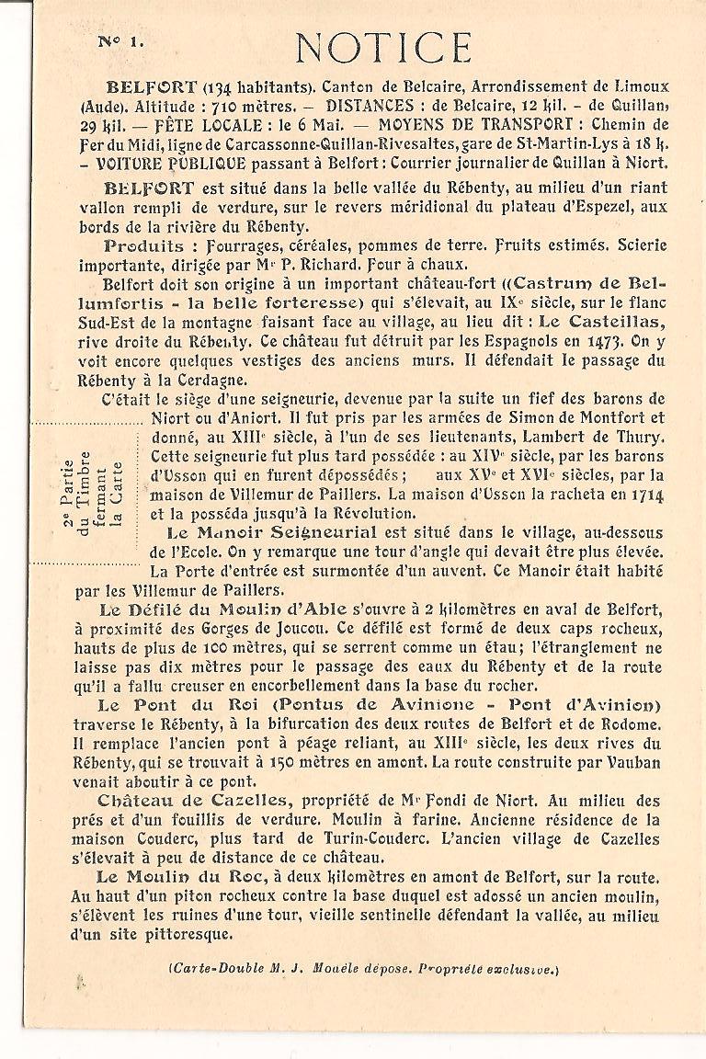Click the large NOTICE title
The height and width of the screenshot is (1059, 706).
384,48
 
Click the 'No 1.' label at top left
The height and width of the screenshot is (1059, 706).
120,41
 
